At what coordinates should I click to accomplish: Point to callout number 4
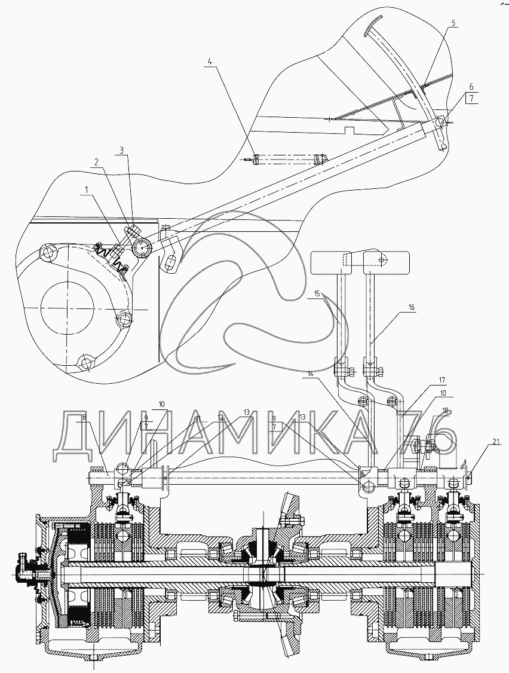(210, 61)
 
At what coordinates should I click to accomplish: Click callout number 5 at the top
(453, 23)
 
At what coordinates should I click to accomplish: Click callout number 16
(411, 307)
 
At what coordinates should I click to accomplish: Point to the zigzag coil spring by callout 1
(111, 257)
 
